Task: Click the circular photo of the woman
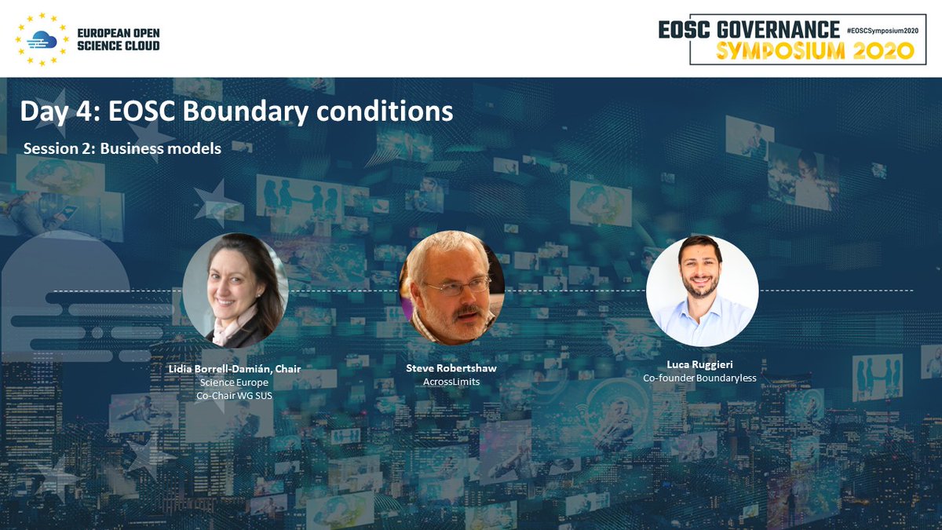(235, 290)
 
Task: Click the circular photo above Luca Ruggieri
(702, 290)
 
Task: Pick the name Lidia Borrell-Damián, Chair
(235, 368)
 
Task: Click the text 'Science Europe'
(235, 382)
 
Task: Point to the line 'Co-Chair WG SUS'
(235, 396)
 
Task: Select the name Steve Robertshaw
(452, 368)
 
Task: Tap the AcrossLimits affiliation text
(452, 382)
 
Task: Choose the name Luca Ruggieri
(700, 364)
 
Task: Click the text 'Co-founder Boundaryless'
(700, 378)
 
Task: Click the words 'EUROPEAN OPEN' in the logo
(118, 34)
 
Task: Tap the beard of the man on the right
(700, 290)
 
